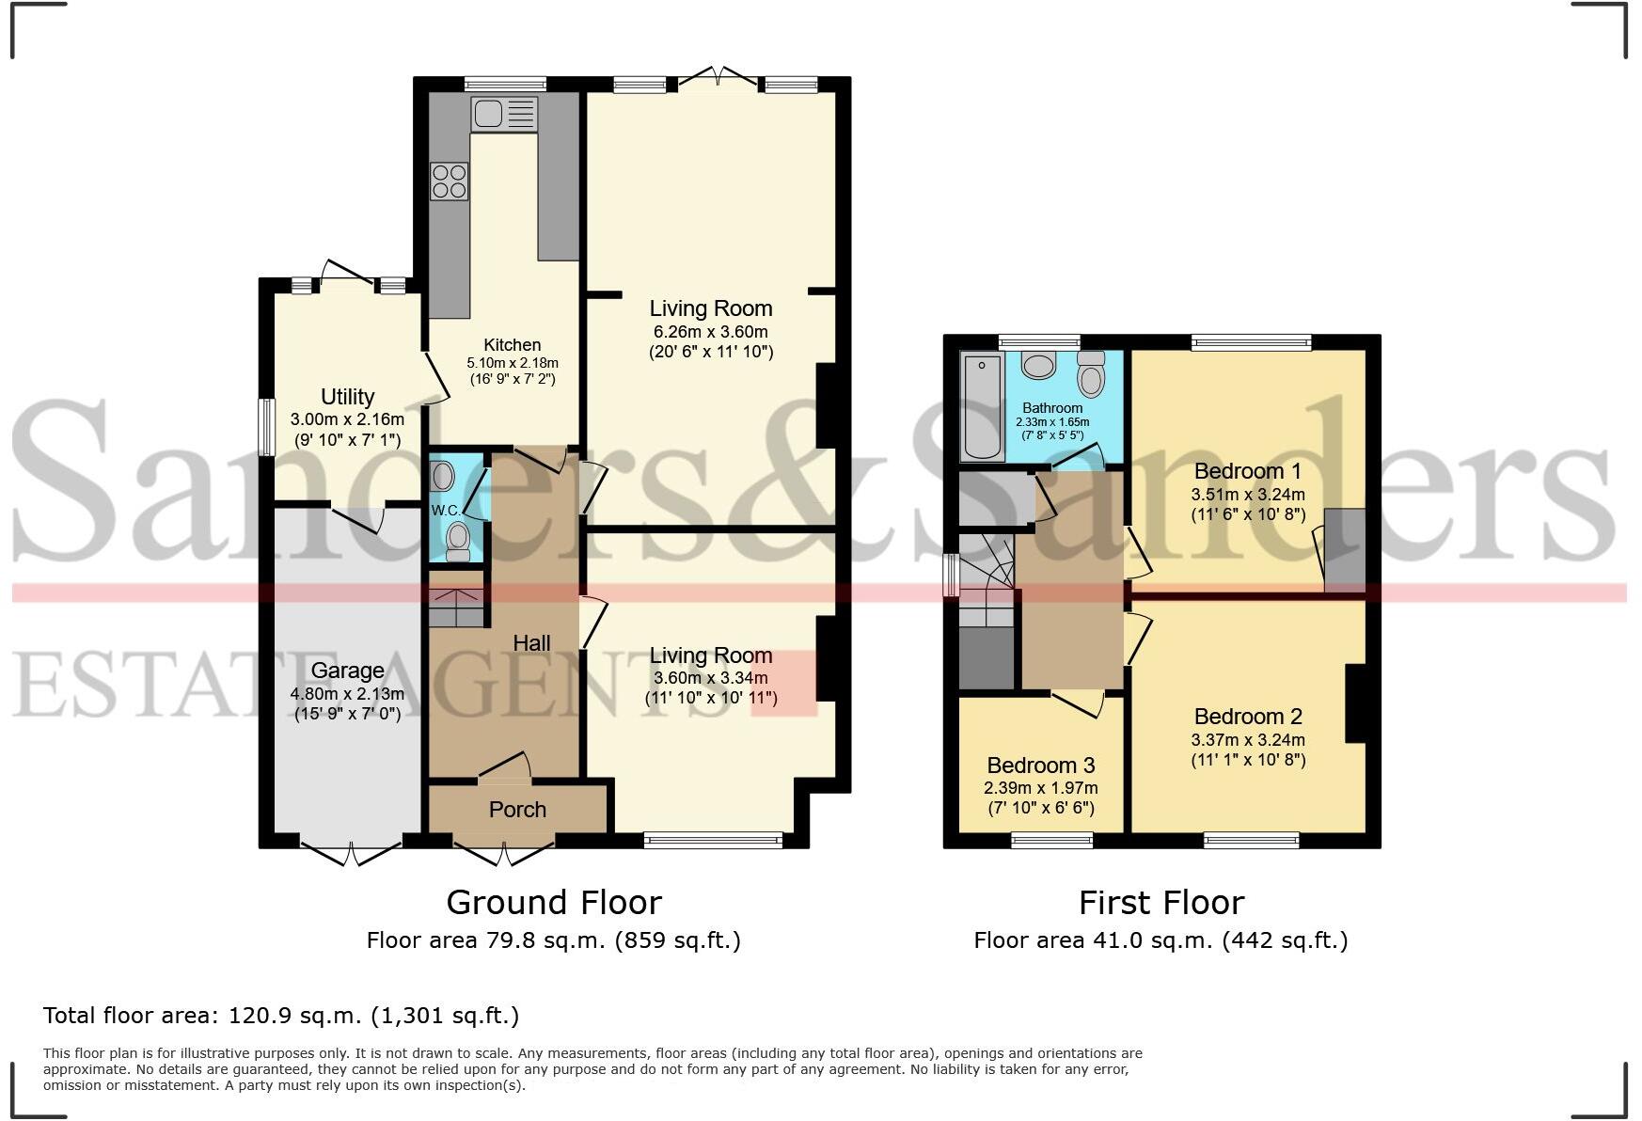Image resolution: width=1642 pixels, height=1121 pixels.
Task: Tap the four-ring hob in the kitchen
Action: pyautogui.click(x=449, y=182)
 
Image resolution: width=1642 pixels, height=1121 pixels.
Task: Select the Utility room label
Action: pyautogui.click(x=347, y=396)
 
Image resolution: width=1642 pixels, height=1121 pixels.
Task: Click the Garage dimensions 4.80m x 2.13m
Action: pyautogui.click(x=347, y=694)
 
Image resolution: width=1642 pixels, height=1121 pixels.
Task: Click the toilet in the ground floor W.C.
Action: pyautogui.click(x=458, y=540)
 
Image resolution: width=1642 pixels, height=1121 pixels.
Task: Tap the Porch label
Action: pyautogui.click(x=517, y=810)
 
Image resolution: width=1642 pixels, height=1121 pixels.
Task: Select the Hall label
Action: pyautogui.click(x=531, y=643)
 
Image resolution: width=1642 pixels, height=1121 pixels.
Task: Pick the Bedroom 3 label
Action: pyautogui.click(x=1040, y=765)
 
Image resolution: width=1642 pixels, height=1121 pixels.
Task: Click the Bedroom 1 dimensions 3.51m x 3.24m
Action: pyautogui.click(x=1247, y=494)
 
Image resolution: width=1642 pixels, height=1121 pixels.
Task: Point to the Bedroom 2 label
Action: pyautogui.click(x=1247, y=717)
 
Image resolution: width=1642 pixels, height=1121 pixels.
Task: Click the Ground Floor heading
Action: pyautogui.click(x=553, y=903)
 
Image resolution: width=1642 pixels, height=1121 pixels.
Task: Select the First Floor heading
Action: pyautogui.click(x=1160, y=903)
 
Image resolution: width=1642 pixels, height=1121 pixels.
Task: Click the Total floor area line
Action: pyautogui.click(x=280, y=1016)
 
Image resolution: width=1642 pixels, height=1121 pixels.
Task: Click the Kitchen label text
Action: pyautogui.click(x=512, y=345)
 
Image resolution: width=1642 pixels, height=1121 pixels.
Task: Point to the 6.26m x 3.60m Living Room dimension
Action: pyautogui.click(x=710, y=332)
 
